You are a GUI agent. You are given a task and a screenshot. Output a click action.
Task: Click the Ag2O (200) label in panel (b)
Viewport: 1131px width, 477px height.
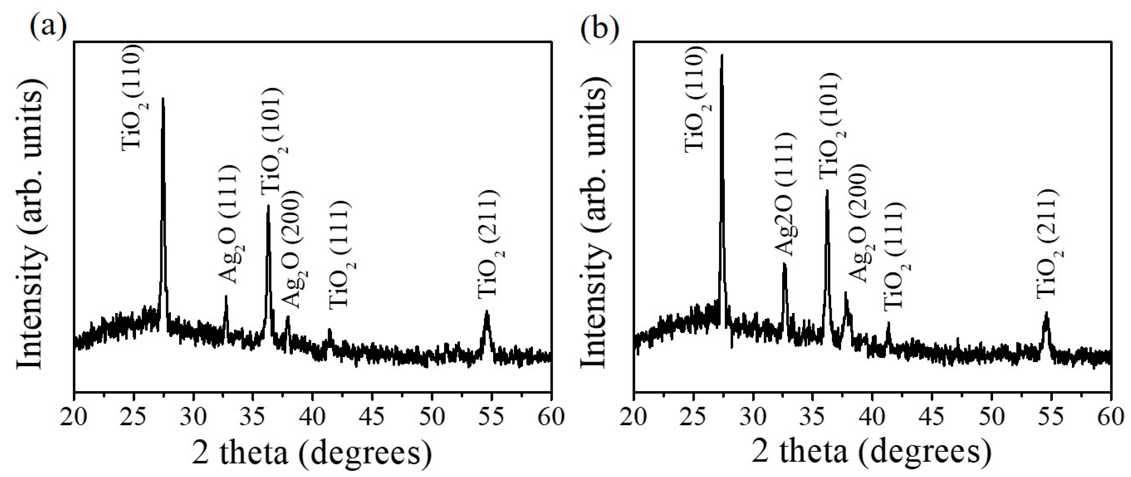coord(859,224)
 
